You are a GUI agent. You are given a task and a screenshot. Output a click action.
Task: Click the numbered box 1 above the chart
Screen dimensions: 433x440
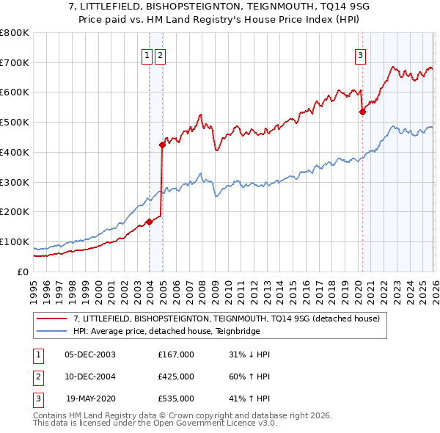point(147,54)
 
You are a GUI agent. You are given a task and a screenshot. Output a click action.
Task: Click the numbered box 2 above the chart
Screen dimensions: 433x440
point(160,54)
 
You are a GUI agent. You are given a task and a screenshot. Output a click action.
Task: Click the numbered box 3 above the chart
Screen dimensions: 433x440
point(361,54)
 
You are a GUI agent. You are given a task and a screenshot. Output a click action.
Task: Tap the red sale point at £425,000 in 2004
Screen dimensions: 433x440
point(162,145)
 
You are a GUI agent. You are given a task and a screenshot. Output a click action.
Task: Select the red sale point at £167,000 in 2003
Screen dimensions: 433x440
point(149,222)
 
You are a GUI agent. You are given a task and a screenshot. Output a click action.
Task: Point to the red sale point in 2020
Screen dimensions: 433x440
point(362,112)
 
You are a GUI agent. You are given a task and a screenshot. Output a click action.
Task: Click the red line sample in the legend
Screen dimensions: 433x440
point(51,319)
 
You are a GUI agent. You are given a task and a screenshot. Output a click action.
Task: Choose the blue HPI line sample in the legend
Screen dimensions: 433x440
point(51,331)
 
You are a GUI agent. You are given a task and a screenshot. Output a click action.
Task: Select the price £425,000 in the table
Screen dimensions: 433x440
point(175,376)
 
